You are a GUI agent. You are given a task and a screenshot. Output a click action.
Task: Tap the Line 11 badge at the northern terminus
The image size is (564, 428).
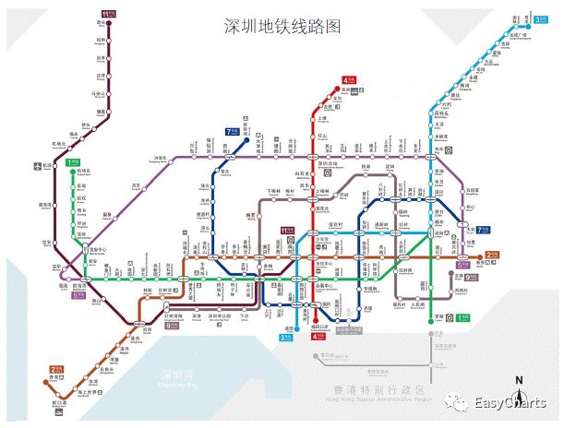pyautogui.click(x=108, y=14)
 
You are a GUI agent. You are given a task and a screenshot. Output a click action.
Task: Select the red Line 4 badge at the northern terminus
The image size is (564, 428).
pyautogui.click(x=349, y=80)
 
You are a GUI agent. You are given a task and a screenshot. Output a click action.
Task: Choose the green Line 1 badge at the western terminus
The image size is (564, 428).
pyautogui.click(x=72, y=163)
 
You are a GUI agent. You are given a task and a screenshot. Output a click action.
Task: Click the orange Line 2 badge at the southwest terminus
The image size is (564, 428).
pyautogui.click(x=56, y=368)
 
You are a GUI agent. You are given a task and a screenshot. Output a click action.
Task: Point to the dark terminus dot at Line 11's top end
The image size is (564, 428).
pyautogui.click(x=109, y=23)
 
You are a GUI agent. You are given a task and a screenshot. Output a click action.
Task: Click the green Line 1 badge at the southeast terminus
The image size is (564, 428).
pyautogui.click(x=463, y=318)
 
